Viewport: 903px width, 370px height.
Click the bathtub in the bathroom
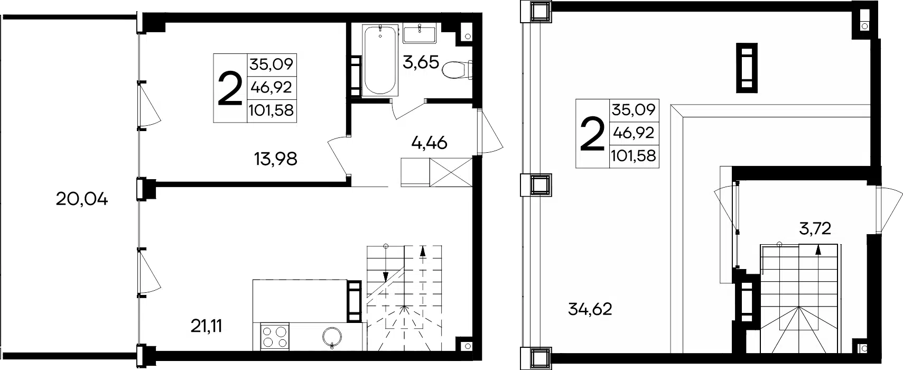(x=380, y=61)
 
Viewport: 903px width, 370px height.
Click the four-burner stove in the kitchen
(x=275, y=337)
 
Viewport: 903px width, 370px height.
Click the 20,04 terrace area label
(x=82, y=199)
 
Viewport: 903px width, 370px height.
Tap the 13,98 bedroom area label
(x=276, y=159)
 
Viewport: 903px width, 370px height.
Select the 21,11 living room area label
(x=207, y=326)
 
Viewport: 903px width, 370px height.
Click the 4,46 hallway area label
(x=430, y=143)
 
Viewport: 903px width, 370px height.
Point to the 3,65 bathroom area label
(x=421, y=62)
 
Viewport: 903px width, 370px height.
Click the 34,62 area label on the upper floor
(x=590, y=309)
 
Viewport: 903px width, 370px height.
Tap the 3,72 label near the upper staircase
(x=815, y=229)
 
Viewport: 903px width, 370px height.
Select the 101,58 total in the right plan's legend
(x=634, y=155)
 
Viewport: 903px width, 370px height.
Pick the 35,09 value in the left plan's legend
(x=271, y=64)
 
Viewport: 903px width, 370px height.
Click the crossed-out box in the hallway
(x=451, y=172)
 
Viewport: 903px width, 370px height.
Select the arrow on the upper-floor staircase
(x=818, y=251)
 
